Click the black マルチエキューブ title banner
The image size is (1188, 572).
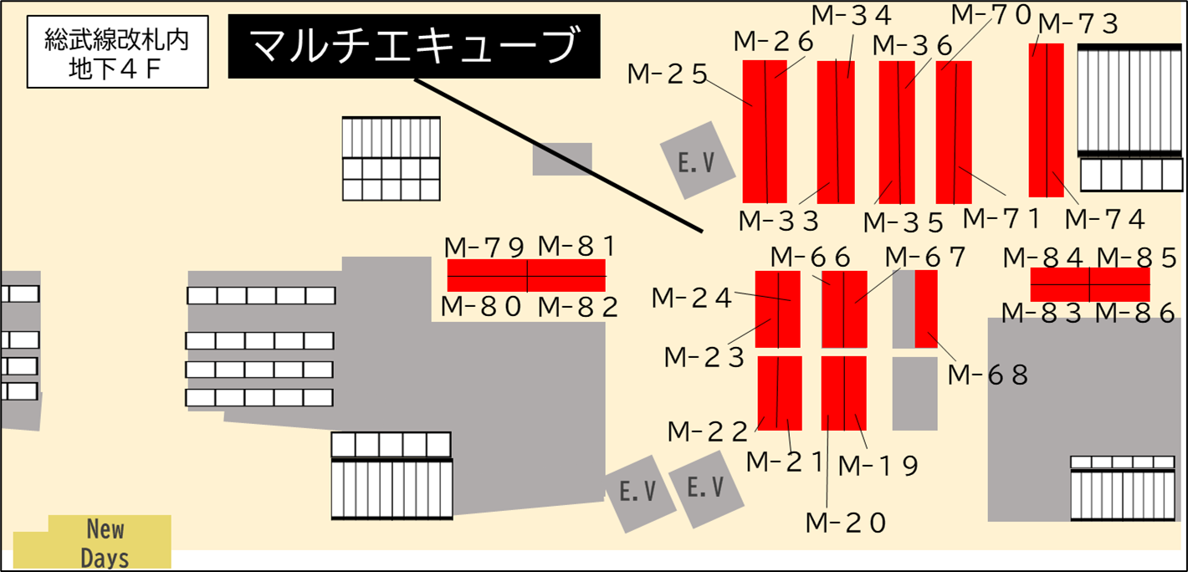pos(414,46)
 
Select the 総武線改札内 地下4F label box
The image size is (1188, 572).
pos(117,53)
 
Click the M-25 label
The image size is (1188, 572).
pos(667,74)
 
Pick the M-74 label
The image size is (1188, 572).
pos(1104,219)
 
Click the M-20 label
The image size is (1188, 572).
pos(845,523)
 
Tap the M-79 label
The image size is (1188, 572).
pos(484,247)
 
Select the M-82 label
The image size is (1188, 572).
pos(577,307)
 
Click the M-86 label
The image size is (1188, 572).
pos(1135,313)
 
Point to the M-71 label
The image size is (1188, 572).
pos(1002,218)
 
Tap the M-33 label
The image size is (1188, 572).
pos(778,222)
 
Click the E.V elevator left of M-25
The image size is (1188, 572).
pos(697,160)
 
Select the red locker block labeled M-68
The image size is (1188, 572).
pos(926,309)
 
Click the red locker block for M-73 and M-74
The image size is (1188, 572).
pos(1046,120)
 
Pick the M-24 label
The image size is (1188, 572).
pos(691,297)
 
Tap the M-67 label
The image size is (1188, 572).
pos(925,257)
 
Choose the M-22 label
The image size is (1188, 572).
pos(707,432)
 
